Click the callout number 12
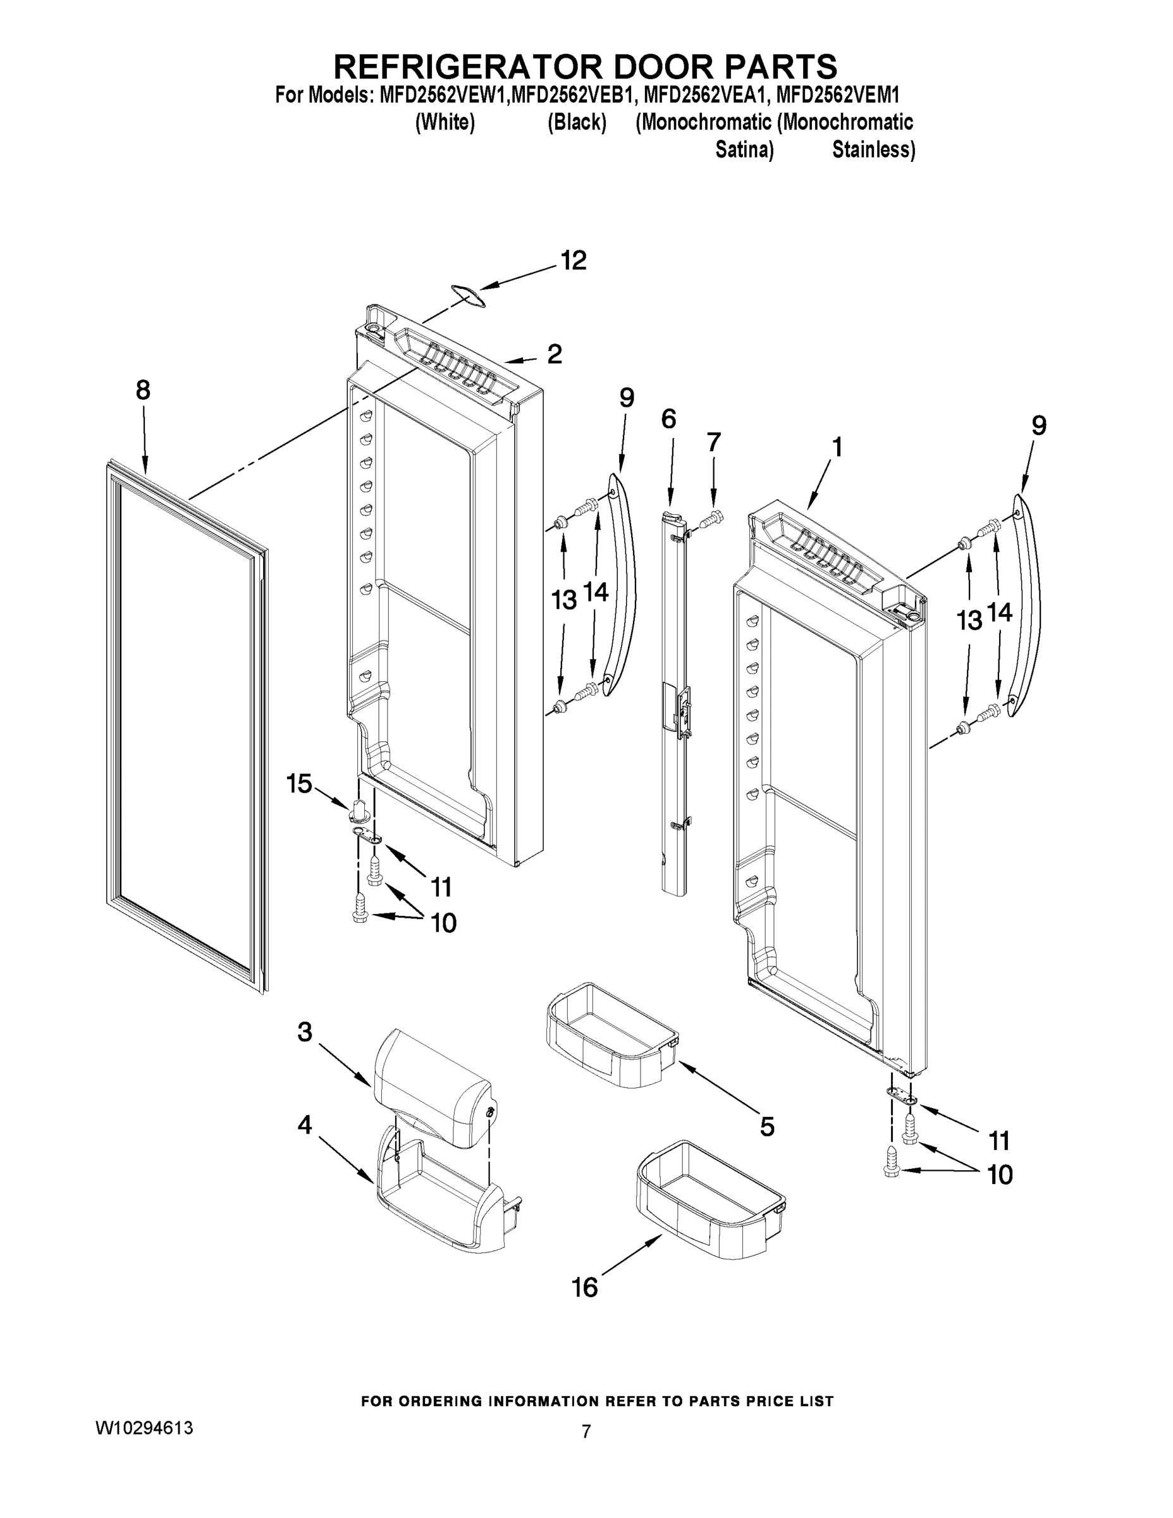(574, 261)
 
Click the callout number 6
(668, 419)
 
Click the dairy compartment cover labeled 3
(431, 1088)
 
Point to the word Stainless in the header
(873, 149)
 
